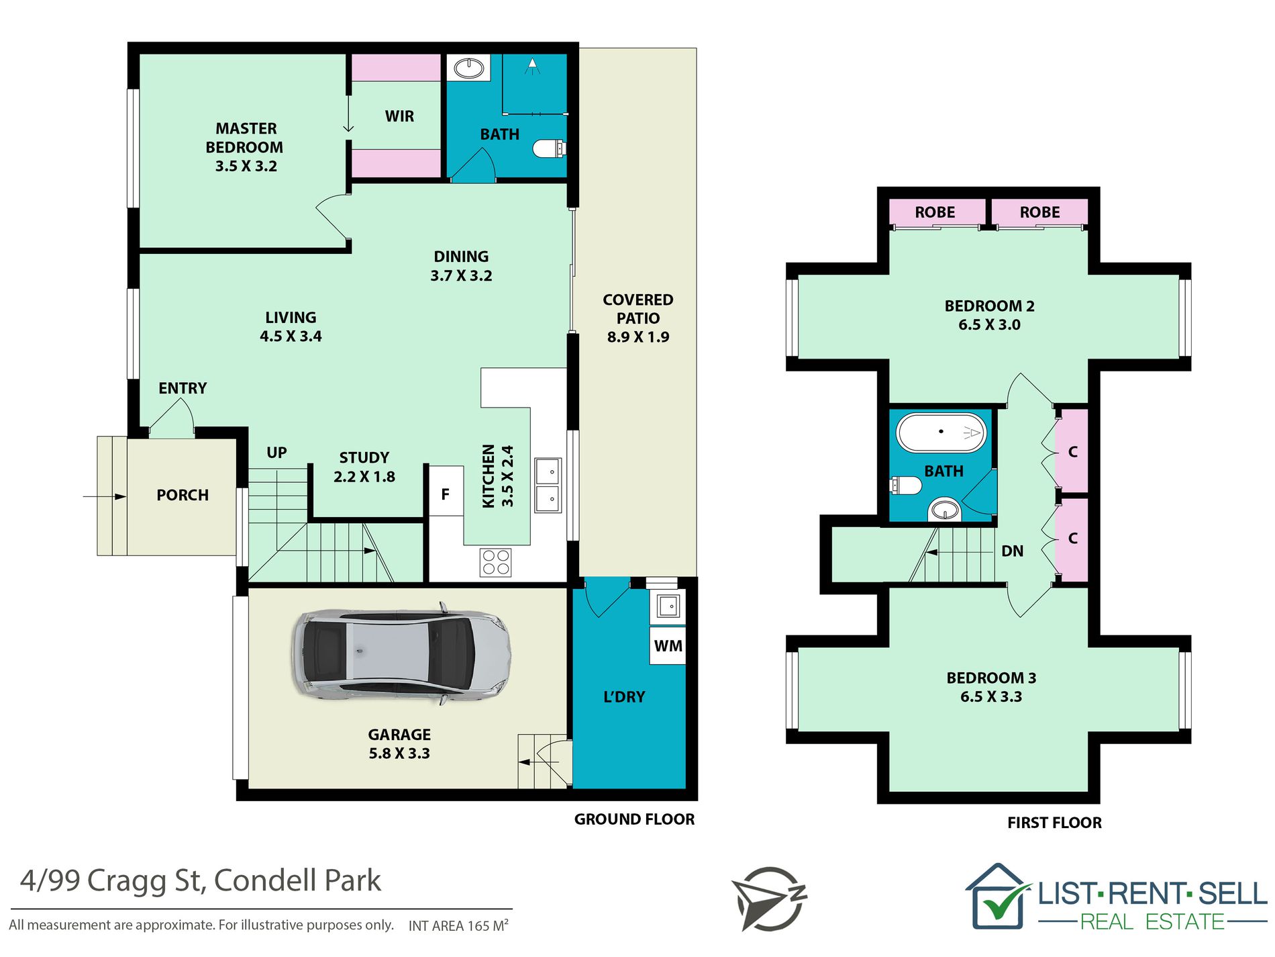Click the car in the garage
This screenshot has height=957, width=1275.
point(401,655)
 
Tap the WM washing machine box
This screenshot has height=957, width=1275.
point(668,645)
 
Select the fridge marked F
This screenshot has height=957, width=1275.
point(446,492)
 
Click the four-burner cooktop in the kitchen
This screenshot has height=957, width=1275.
point(496,563)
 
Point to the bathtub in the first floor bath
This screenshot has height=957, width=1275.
point(941,432)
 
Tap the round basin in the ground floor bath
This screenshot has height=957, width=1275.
point(469,68)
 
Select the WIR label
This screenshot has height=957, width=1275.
point(399,116)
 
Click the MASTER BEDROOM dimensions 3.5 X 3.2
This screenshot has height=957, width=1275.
point(246,166)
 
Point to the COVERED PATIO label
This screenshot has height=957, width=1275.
point(637,309)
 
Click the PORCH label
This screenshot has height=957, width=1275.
point(183,495)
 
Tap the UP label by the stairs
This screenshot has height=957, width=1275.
point(276,453)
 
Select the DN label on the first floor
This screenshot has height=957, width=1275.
point(1013,551)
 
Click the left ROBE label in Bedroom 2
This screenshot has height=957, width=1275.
point(935,212)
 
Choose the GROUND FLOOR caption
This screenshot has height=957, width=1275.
point(634,819)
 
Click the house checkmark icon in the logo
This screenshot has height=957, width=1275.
point(999,897)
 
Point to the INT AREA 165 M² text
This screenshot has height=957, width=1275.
point(458,925)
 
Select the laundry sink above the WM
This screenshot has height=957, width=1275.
point(668,606)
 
